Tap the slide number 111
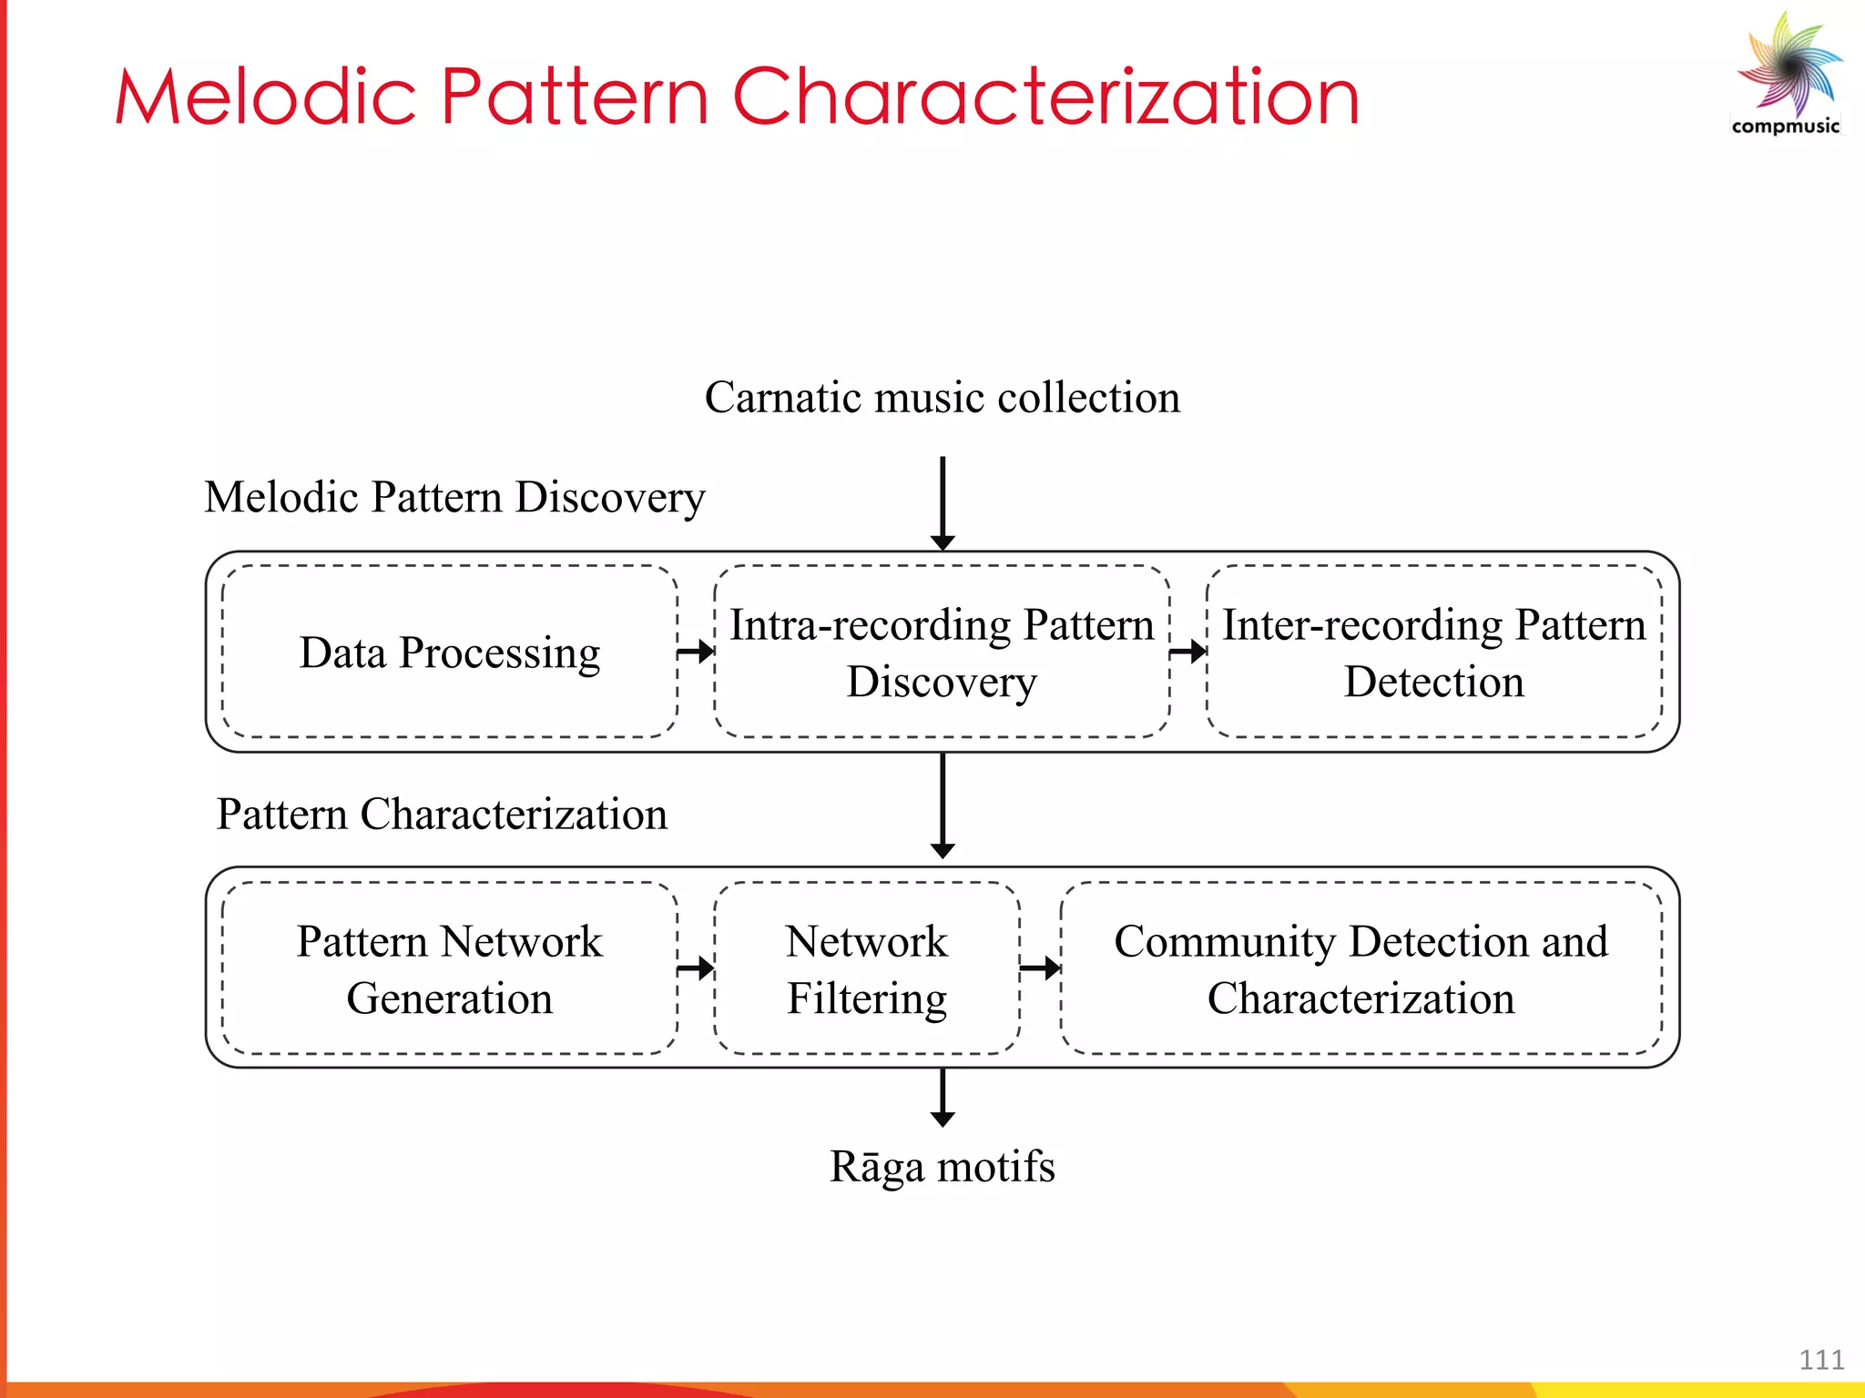pyautogui.click(x=1820, y=1360)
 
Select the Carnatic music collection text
pyautogui.click(x=942, y=398)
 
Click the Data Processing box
pyautogui.click(x=450, y=653)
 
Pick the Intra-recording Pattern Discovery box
pyautogui.click(x=942, y=653)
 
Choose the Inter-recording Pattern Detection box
pyautogui.click(x=1433, y=653)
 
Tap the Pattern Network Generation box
pyautogui.click(x=450, y=968)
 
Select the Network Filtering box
pyautogui.click(x=866, y=968)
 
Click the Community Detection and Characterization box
pyautogui.click(x=1361, y=968)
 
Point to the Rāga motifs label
pyautogui.click(x=942, y=1166)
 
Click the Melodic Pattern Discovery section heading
pyautogui.click(x=454, y=498)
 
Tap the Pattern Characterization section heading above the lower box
pyautogui.click(x=442, y=814)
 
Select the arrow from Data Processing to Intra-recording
pyautogui.click(x=696, y=652)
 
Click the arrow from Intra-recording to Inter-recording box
pyautogui.click(x=1187, y=652)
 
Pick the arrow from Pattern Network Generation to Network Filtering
pyautogui.click(x=696, y=967)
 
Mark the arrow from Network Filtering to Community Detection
pyautogui.click(x=1040, y=967)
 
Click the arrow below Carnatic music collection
pyautogui.click(x=943, y=502)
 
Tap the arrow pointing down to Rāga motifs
pyautogui.click(x=943, y=1098)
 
